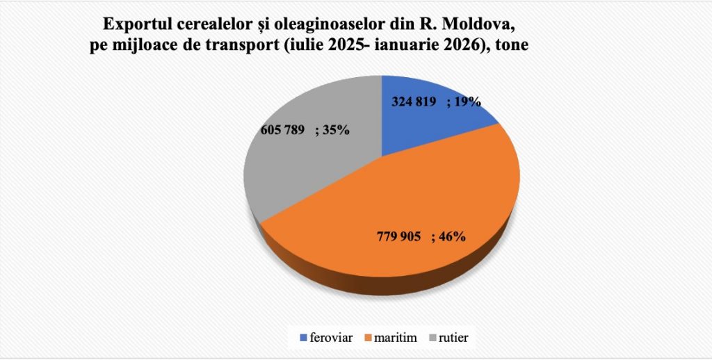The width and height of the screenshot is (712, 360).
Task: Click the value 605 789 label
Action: coord(282,129)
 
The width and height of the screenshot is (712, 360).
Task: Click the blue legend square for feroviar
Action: coord(303,338)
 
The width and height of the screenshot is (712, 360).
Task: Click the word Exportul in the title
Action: coord(134,26)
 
